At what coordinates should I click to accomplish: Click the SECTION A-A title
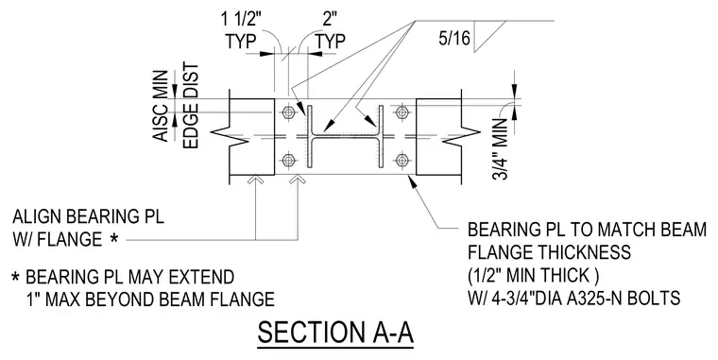(335, 333)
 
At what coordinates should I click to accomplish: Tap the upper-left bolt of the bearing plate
(288, 112)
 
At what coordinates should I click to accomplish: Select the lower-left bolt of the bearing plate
(288, 160)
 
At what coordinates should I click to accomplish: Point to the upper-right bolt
(402, 112)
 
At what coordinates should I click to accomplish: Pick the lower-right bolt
(402, 160)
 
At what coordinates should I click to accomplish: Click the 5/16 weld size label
(454, 38)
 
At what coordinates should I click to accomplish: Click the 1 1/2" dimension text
(241, 19)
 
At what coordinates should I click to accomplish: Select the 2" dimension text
(330, 19)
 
